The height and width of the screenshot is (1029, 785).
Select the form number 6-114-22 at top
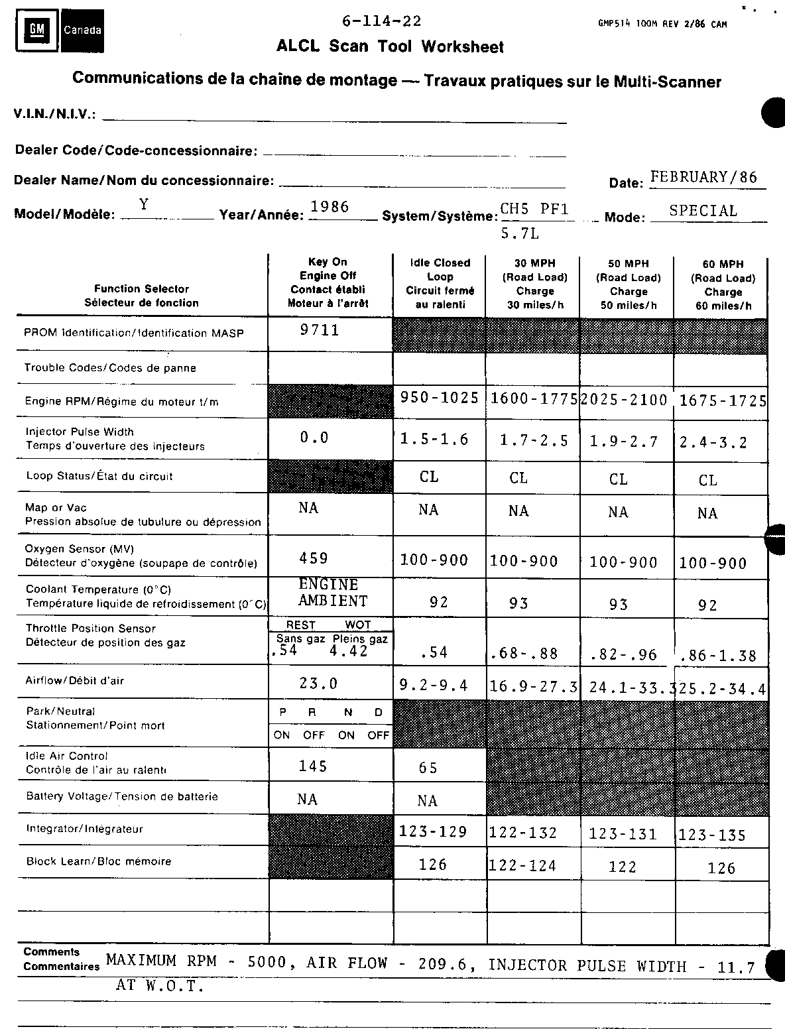coord(381,21)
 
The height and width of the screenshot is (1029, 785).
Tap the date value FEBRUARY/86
coord(703,177)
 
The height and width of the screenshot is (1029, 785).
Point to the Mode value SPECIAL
coord(703,211)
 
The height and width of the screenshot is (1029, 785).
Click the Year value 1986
coord(330,207)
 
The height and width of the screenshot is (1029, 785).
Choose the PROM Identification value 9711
coord(320,330)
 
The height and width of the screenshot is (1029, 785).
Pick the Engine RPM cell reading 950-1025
coord(440,398)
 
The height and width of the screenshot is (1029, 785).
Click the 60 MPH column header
coord(723,285)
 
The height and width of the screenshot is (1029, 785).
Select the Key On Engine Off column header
coord(328,282)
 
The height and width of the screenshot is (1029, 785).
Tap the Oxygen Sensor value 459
coord(314,558)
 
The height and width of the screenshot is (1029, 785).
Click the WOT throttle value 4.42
coord(348,651)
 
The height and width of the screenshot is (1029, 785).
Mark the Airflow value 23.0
coord(318,684)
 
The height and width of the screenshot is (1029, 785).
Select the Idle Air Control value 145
coord(313,766)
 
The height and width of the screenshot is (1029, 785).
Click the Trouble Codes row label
coord(110,368)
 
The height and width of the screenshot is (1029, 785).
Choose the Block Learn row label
coord(99,861)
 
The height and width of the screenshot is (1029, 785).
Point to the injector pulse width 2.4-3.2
coord(713,442)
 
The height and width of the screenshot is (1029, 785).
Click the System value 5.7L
coord(520,234)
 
